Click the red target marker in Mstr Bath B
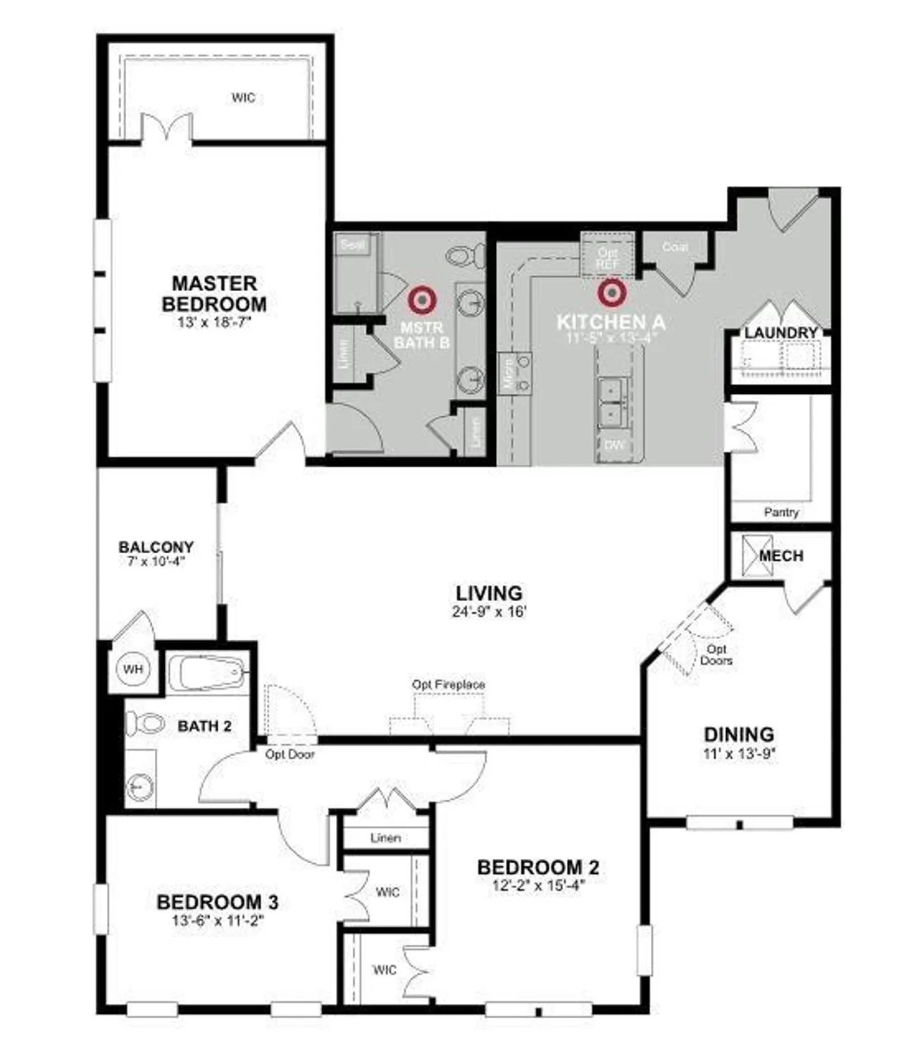point(422,301)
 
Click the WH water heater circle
point(133,669)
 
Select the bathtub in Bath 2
point(208,672)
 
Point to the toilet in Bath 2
point(145,723)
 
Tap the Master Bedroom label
point(214,294)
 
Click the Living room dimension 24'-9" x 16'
point(489,612)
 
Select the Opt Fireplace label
point(449,684)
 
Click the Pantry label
point(781,512)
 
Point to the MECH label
point(781,556)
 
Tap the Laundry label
point(781,333)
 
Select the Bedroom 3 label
point(217,902)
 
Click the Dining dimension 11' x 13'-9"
point(739,753)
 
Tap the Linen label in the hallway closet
point(385,838)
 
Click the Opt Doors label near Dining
point(716,655)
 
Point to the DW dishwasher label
point(614,445)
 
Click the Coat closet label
point(675,247)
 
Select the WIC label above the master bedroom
point(243,97)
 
